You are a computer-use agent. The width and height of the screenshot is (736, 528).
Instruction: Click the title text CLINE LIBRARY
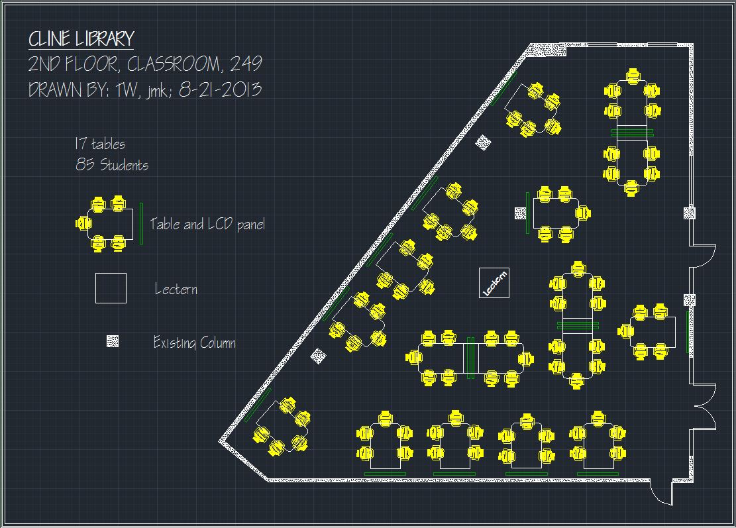81,39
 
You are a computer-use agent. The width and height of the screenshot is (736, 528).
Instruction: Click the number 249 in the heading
246,64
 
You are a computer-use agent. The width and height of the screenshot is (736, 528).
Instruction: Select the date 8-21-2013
220,89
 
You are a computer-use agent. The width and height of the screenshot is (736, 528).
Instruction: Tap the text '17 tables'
99,144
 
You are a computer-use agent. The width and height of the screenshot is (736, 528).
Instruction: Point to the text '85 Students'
112,165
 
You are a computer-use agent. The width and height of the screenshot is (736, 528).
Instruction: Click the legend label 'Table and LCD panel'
207,224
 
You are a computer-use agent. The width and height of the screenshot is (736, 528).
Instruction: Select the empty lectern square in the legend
111,288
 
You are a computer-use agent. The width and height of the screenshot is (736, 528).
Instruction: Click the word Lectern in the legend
176,289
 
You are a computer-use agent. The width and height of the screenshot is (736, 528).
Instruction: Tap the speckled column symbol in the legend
113,341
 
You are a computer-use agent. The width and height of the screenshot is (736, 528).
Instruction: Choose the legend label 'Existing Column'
194,343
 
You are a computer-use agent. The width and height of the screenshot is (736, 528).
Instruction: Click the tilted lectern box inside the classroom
494,282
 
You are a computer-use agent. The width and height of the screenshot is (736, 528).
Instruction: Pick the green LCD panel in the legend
141,223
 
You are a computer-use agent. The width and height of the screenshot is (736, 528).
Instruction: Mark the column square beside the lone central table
521,213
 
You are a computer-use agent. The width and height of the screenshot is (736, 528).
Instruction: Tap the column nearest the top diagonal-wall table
484,142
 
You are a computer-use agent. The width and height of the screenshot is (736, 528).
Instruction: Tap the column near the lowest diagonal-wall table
319,355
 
